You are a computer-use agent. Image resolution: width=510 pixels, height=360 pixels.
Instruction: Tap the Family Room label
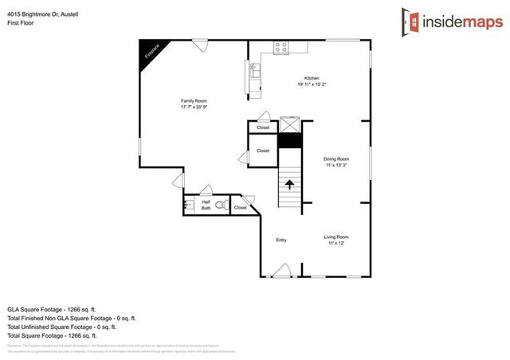pyautogui.click(x=194, y=104)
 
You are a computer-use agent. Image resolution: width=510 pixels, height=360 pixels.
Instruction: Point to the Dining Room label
pyautogui.click(x=336, y=162)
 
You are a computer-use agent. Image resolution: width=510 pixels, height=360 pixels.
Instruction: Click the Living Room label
pyautogui.click(x=336, y=240)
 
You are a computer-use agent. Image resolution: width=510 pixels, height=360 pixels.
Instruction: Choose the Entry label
pyautogui.click(x=280, y=240)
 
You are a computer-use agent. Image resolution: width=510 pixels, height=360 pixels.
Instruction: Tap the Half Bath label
pyautogui.click(x=206, y=205)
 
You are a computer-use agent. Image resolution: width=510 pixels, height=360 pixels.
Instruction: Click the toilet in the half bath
pyautogui.click(x=221, y=206)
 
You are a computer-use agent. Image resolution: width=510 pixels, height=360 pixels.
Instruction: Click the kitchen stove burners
pyautogui.click(x=280, y=48)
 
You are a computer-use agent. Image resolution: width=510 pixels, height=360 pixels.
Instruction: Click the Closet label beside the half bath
pyautogui.click(x=240, y=207)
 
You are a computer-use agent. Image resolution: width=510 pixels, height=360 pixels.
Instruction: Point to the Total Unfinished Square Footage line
pyautogui.click(x=62, y=327)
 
